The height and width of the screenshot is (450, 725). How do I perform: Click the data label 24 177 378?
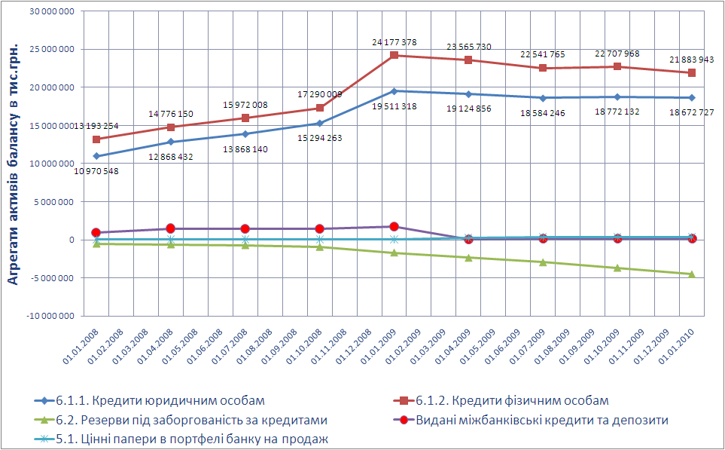coord(394,42)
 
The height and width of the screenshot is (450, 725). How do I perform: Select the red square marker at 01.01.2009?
coord(394,55)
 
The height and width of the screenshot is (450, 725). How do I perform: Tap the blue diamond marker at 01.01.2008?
coord(96,156)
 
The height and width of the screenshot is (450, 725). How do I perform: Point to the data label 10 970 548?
coord(96,171)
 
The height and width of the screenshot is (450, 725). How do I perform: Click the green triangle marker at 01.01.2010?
coord(692,274)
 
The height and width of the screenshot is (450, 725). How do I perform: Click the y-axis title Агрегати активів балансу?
coord(13,162)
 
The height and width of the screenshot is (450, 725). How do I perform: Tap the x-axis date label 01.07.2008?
coord(233,347)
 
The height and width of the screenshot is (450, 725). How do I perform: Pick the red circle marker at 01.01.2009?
coord(394,226)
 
